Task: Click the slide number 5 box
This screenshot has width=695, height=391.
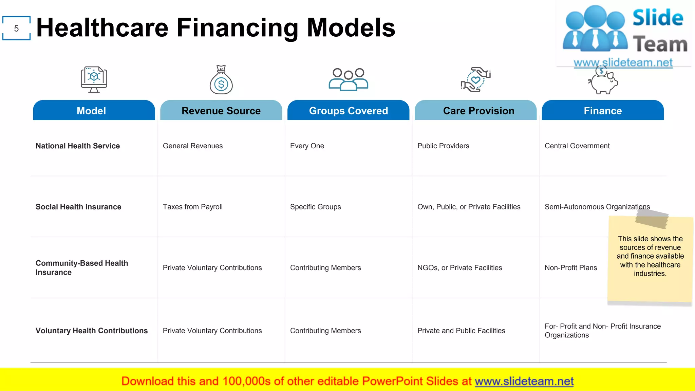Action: pyautogui.click(x=16, y=29)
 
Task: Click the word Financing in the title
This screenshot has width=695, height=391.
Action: pyautogui.click(x=238, y=28)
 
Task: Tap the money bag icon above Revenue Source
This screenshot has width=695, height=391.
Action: pyautogui.click(x=221, y=80)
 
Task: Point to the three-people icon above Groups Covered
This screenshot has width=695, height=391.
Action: pyautogui.click(x=348, y=79)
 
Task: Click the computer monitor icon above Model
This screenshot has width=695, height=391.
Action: pyautogui.click(x=94, y=79)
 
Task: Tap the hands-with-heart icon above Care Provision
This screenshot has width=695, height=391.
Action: pyautogui.click(x=475, y=79)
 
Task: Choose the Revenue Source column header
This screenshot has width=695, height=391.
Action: pyautogui.click(x=221, y=111)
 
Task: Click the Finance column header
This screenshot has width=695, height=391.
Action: pyautogui.click(x=603, y=111)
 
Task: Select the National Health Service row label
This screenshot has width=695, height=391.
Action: pyautogui.click(x=78, y=146)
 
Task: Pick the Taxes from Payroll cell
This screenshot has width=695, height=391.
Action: pyautogui.click(x=192, y=207)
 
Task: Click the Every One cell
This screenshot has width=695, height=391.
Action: pyautogui.click(x=307, y=146)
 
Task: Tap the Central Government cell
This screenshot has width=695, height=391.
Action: pyautogui.click(x=577, y=146)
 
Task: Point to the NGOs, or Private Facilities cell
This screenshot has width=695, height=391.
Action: pyautogui.click(x=459, y=268)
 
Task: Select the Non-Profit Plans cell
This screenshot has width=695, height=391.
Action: pyautogui.click(x=570, y=268)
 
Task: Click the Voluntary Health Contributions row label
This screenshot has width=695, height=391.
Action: pyautogui.click(x=92, y=331)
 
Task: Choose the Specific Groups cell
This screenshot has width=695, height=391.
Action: pyautogui.click(x=315, y=207)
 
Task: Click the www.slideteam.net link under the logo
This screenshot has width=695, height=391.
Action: pyautogui.click(x=623, y=62)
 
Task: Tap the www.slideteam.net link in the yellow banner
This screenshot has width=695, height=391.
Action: pyautogui.click(x=524, y=381)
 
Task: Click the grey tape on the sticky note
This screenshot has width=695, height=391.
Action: pyautogui.click(x=652, y=219)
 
